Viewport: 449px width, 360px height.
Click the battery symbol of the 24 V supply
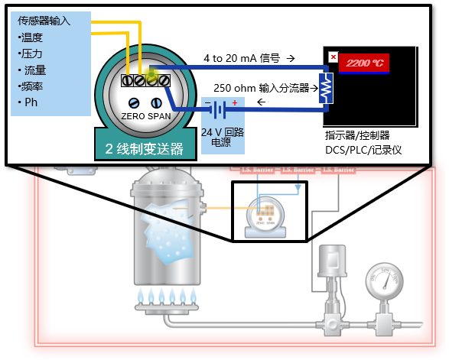pos(220,110)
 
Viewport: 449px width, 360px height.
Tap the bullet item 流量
pos(35,70)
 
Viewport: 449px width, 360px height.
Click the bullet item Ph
pos(31,102)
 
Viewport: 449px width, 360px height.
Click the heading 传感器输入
pos(44,21)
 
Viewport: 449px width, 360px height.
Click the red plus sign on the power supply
pos(235,102)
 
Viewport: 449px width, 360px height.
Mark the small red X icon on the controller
pos(333,57)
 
